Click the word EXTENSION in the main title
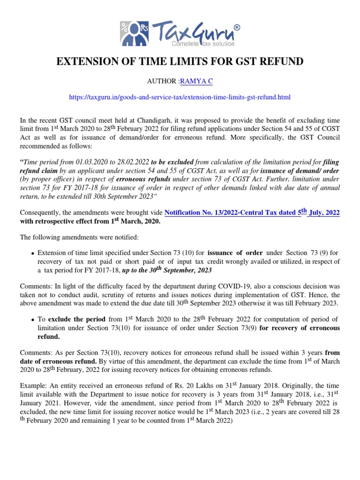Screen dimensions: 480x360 click(x=86, y=62)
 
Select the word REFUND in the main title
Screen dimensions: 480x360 click(x=281, y=62)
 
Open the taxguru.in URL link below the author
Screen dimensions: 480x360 click(x=180, y=97)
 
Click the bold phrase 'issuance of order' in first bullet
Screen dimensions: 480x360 click(x=235, y=254)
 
